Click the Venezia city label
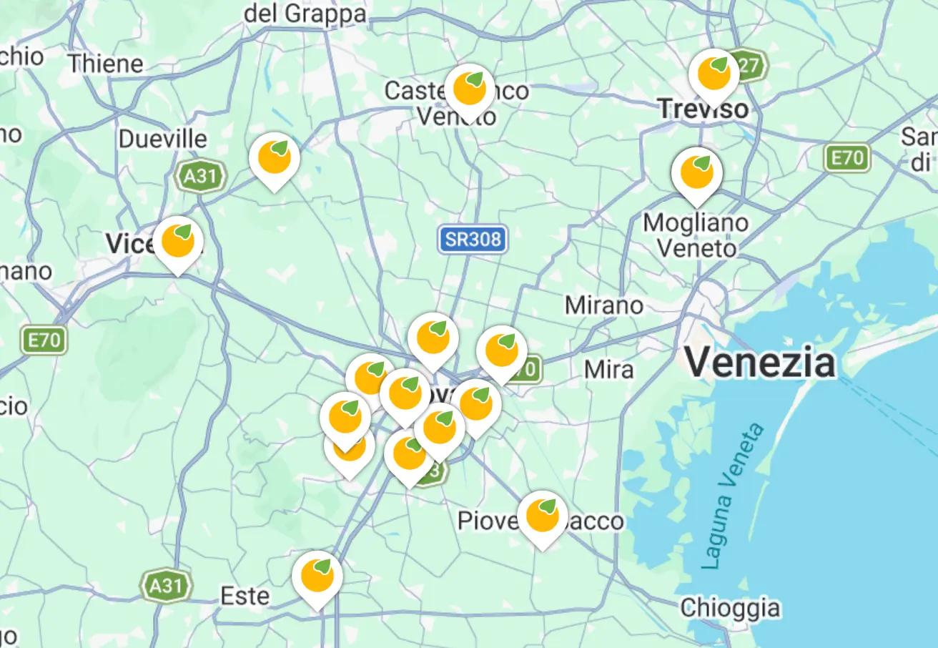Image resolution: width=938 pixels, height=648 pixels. point(760,362)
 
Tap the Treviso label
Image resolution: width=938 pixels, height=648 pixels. point(703,109)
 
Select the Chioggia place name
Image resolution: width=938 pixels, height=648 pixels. point(730,608)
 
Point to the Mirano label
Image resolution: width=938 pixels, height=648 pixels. point(604,305)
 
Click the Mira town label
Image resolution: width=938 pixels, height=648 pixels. point(608,369)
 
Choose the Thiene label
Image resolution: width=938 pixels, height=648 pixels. point(106,64)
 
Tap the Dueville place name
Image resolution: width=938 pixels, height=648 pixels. point(163,139)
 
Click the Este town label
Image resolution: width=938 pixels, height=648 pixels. point(245,596)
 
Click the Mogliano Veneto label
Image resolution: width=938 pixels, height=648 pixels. point(696,235)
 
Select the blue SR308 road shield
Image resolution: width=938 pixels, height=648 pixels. point(473,240)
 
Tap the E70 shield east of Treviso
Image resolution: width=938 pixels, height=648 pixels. point(847,157)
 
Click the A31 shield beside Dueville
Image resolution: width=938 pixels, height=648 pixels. point(200,176)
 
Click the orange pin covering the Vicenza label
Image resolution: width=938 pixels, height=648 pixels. point(178,242)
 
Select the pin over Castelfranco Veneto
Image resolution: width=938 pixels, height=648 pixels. point(470,90)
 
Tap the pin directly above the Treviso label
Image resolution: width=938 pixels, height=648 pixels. point(714,74)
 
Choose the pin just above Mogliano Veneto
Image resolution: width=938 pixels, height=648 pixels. point(696,173)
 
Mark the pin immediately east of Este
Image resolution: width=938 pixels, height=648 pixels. point(317,576)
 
